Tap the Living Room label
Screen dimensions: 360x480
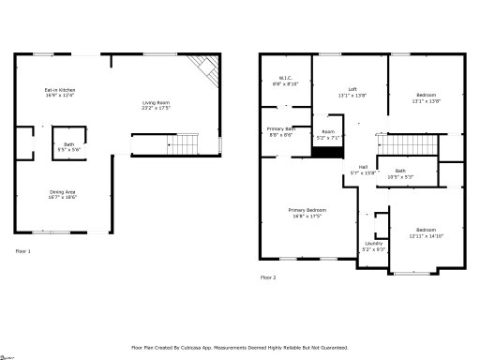pyautogui.click(x=156, y=105)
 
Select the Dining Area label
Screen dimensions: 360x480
pyautogui.click(x=63, y=196)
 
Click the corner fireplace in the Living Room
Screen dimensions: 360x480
pyautogui.click(x=203, y=67)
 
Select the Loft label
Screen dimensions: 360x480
pyautogui.click(x=350, y=92)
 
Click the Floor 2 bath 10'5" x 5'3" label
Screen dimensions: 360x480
pyautogui.click(x=400, y=173)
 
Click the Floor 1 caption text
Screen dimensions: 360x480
pyautogui.click(x=22, y=251)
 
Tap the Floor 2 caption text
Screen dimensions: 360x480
pyautogui.click(x=268, y=277)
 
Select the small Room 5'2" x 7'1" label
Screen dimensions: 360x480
pyautogui.click(x=328, y=134)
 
